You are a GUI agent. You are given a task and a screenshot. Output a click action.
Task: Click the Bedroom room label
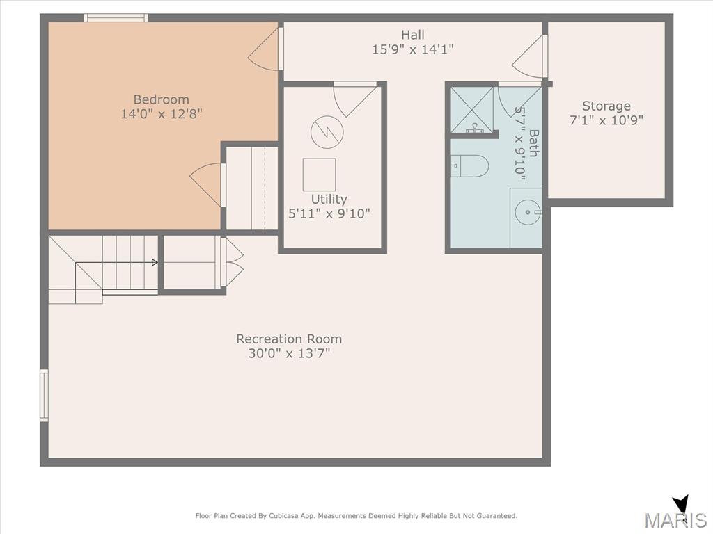coord(161,99)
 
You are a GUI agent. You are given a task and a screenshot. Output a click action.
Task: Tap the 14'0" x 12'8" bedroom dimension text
coord(161,113)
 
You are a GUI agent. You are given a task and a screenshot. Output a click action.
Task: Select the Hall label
coord(413,35)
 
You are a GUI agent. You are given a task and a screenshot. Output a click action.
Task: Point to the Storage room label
coord(606,106)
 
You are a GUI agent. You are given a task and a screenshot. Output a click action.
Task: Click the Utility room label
coord(329,200)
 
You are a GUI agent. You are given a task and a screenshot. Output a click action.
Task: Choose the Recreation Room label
coord(289,339)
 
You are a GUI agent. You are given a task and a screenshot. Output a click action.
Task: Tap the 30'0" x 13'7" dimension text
coord(289,353)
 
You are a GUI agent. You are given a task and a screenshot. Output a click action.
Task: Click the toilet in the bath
coord(470,165)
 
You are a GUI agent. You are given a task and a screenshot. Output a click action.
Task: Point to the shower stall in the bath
coord(472,109)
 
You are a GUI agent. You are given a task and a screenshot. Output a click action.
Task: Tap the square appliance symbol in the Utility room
coord(319,175)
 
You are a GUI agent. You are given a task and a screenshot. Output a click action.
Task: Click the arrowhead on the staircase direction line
coord(155,262)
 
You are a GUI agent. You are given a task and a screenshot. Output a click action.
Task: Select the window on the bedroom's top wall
coord(116,17)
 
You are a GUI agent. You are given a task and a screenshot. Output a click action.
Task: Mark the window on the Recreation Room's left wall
coord(44,396)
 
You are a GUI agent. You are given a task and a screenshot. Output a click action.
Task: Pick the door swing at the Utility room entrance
coord(353,99)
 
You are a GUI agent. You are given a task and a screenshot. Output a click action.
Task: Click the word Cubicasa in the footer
coord(283,516)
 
